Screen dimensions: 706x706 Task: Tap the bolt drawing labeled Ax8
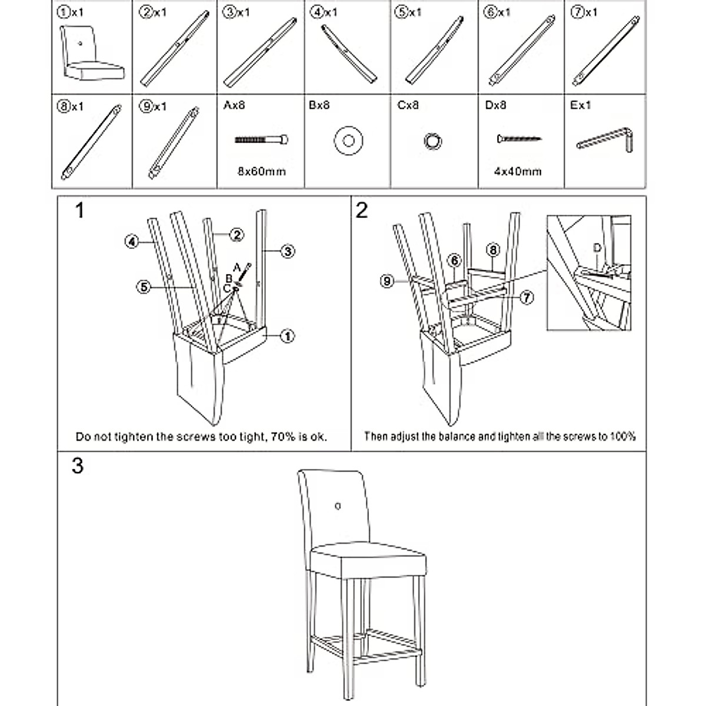[x=262, y=140]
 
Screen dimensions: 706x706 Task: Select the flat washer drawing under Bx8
[x=348, y=141]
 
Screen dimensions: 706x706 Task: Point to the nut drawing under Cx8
[x=433, y=141]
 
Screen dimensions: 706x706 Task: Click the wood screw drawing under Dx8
[x=519, y=139]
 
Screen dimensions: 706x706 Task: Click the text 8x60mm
[x=262, y=171]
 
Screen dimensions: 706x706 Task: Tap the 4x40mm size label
[x=518, y=171]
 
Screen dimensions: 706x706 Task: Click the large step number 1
[x=79, y=210]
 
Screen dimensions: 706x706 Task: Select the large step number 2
[x=362, y=210]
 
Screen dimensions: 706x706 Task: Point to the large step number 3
[x=78, y=466]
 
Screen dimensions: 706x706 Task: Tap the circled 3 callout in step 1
[x=287, y=251]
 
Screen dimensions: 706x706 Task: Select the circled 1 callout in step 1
[x=287, y=336]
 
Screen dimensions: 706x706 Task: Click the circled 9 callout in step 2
[x=387, y=282]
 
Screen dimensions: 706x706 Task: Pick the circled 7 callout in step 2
[x=527, y=298]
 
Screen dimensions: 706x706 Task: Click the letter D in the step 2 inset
[x=597, y=248]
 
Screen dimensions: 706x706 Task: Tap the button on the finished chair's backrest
[x=338, y=505]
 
